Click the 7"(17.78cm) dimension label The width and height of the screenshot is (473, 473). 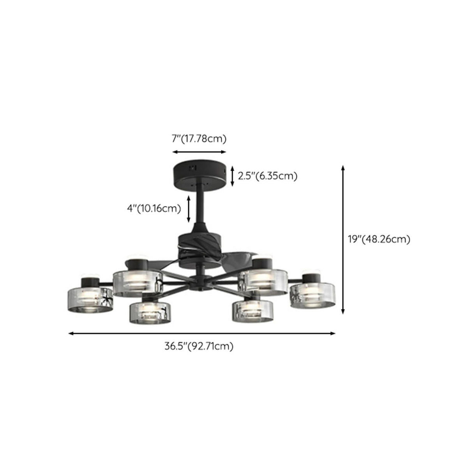click(199, 139)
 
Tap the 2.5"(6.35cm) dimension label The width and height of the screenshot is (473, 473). click(268, 176)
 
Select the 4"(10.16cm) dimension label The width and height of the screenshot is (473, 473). click(154, 208)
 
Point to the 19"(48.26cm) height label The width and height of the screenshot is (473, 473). click(379, 239)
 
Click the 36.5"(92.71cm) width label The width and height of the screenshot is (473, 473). click(199, 346)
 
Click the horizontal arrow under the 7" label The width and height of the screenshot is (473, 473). click(199, 152)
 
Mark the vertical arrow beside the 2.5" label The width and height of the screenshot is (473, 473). click(233, 176)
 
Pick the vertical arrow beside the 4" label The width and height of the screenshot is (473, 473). click(189, 208)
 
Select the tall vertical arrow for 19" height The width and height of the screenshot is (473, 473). click(343, 239)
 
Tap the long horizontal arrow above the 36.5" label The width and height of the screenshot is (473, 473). click(202, 333)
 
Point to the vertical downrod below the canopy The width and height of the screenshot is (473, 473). click(201, 206)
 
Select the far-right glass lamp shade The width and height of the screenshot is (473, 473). click(312, 296)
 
